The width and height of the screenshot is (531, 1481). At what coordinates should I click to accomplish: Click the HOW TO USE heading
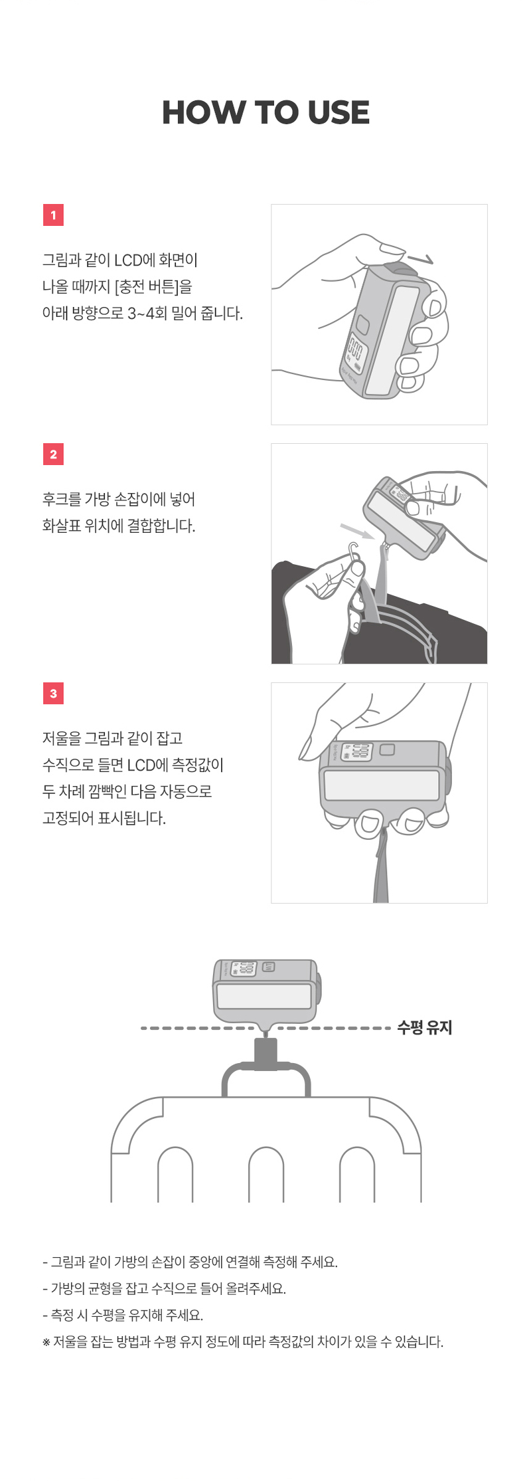(265, 112)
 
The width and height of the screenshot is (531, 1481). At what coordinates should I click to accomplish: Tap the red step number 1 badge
(53, 215)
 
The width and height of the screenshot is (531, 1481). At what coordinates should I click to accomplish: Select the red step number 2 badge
(53, 454)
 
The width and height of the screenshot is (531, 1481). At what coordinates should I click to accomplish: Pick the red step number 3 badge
(53, 694)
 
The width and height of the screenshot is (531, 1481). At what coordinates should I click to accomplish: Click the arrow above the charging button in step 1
(420, 258)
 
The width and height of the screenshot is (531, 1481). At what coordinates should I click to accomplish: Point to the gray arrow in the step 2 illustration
(357, 531)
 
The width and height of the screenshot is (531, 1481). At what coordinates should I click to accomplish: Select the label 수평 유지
(424, 1028)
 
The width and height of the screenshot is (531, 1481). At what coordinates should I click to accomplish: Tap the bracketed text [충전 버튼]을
(153, 287)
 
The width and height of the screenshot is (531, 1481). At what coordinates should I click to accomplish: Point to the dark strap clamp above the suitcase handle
(265, 1054)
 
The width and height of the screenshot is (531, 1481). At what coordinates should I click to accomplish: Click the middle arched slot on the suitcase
(266, 1175)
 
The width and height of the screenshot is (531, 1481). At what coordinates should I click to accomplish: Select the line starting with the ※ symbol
(243, 1341)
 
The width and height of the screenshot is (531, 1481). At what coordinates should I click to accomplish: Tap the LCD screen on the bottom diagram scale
(244, 969)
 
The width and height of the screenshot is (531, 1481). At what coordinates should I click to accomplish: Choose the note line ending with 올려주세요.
(164, 1288)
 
